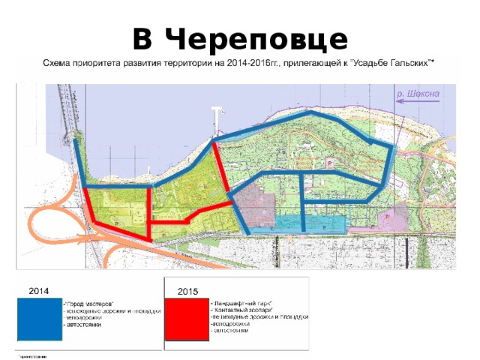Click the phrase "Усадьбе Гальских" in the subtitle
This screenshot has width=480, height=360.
click(397, 62)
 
